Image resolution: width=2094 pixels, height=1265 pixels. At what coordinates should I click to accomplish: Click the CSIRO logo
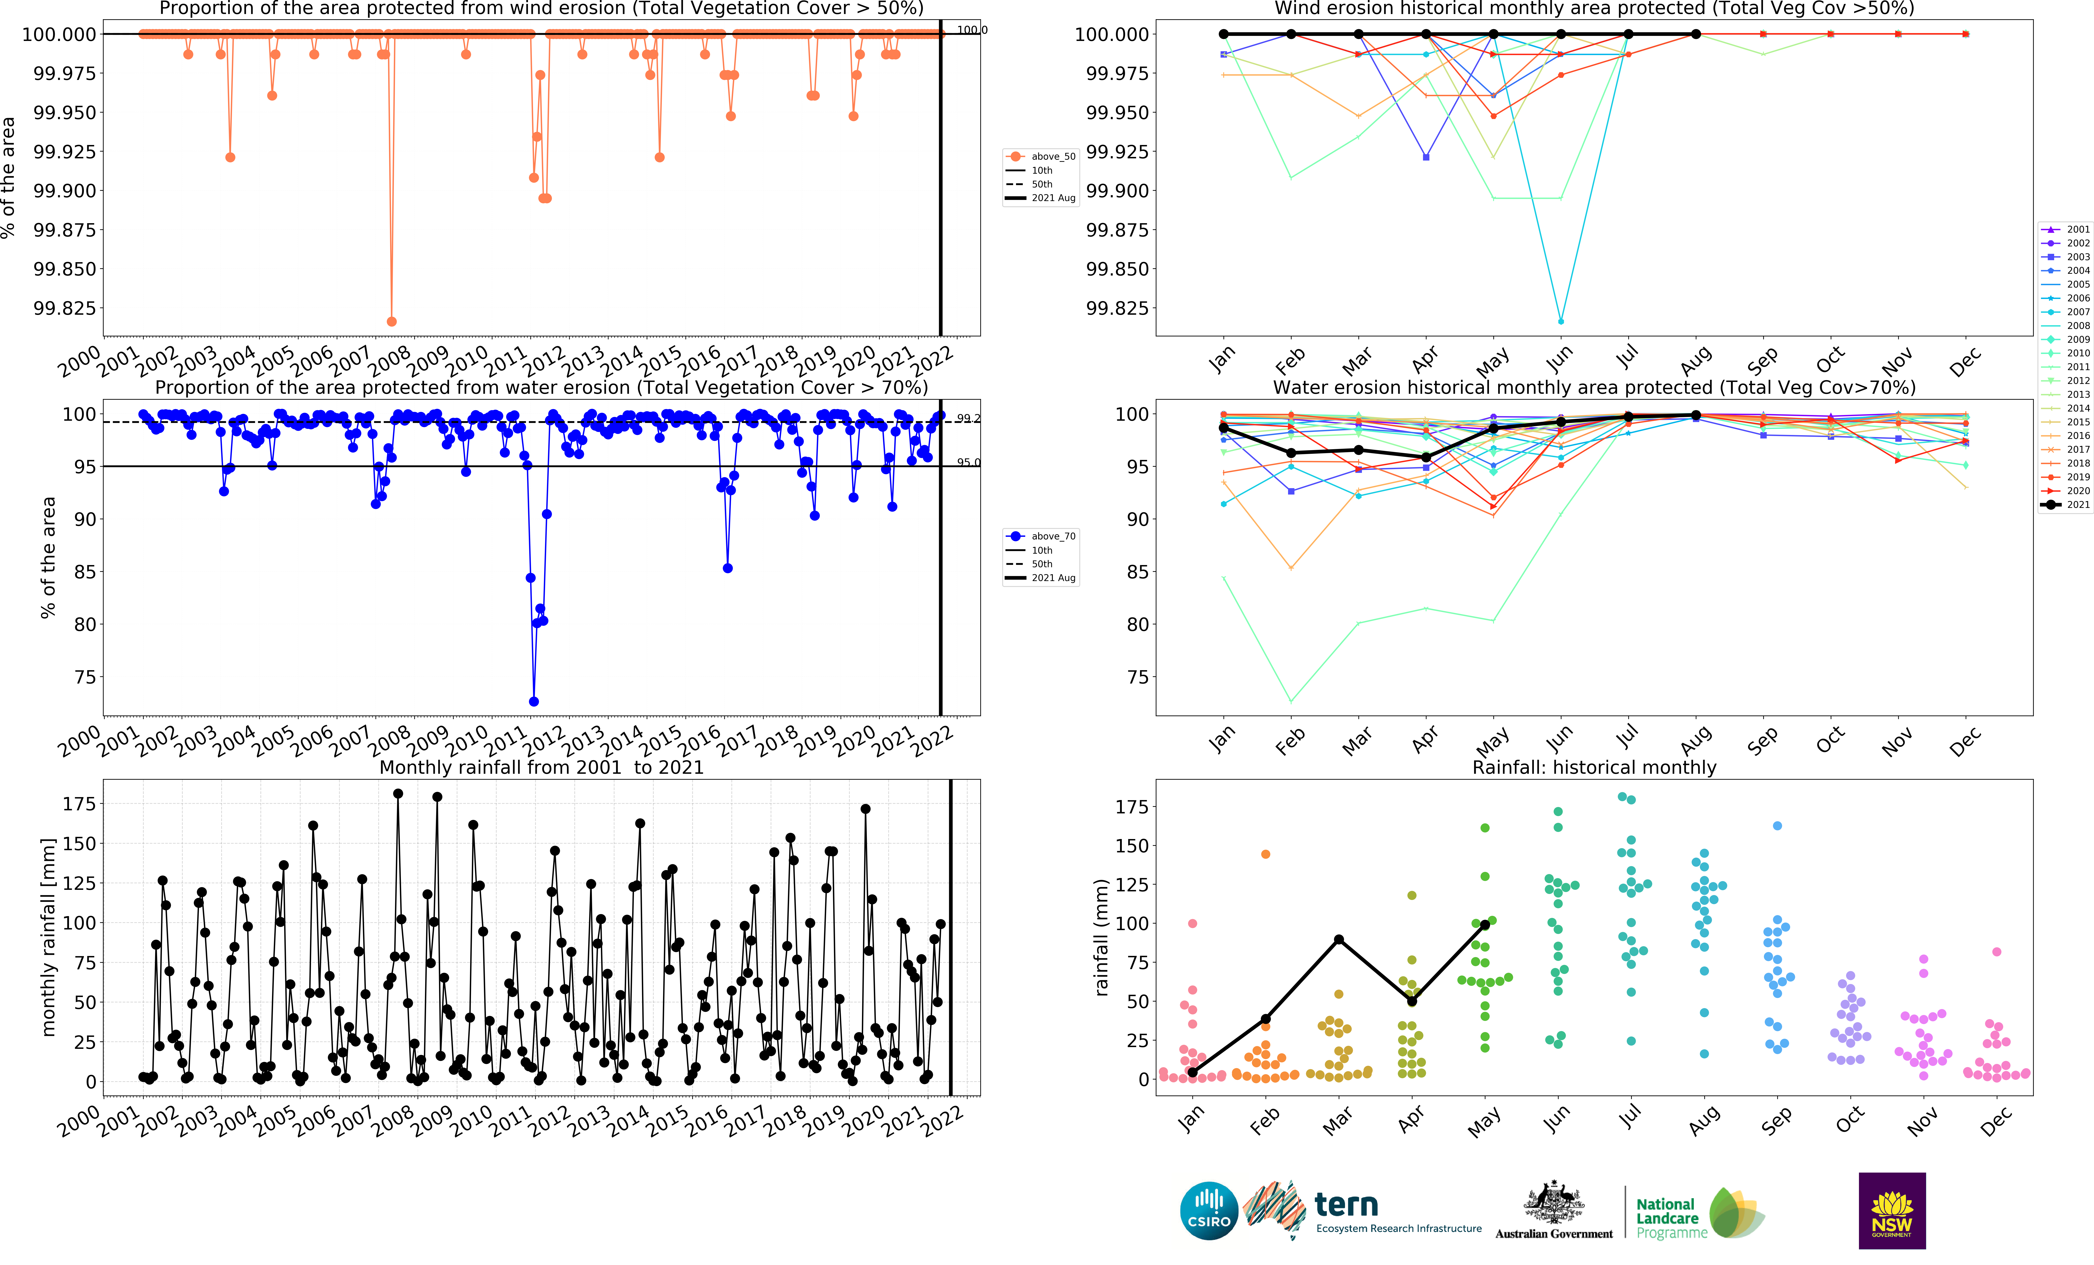1209,1211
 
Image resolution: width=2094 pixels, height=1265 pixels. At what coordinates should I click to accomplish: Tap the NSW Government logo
1892,1211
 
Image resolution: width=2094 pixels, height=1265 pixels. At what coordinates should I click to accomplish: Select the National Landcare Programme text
1671,1217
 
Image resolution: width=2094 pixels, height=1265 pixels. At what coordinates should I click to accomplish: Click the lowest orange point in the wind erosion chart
391,321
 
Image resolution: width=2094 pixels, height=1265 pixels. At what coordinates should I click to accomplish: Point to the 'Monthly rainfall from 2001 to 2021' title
541,767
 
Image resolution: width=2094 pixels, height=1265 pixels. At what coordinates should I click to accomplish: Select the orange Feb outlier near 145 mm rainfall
1266,854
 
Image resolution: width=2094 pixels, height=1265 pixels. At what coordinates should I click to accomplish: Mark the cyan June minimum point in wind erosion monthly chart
1560,321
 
